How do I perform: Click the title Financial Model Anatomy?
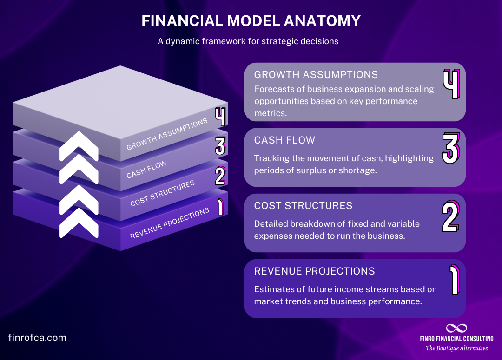[x=251, y=21]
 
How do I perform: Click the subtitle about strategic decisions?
[x=248, y=41]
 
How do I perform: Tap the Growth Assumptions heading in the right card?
[x=316, y=74]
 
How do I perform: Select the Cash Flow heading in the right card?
[x=284, y=140]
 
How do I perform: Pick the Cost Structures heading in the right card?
[x=303, y=205]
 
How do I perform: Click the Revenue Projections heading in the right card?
[x=314, y=271]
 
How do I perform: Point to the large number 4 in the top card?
[x=450, y=85]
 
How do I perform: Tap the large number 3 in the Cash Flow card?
[x=450, y=148]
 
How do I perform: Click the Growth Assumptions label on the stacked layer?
[x=167, y=134]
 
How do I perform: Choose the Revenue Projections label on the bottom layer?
[x=170, y=224]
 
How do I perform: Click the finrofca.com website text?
[x=37, y=338]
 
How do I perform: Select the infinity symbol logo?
[x=456, y=328]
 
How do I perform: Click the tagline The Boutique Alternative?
[x=456, y=348]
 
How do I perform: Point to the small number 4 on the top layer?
[x=220, y=117]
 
